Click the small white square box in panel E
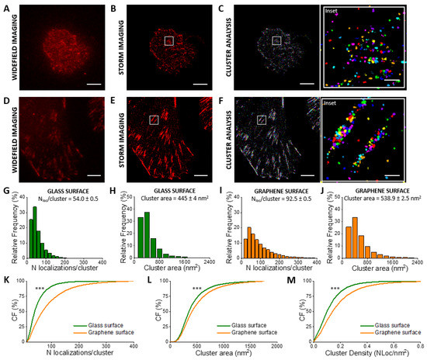(x=154, y=119)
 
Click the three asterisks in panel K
(x=40, y=290)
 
